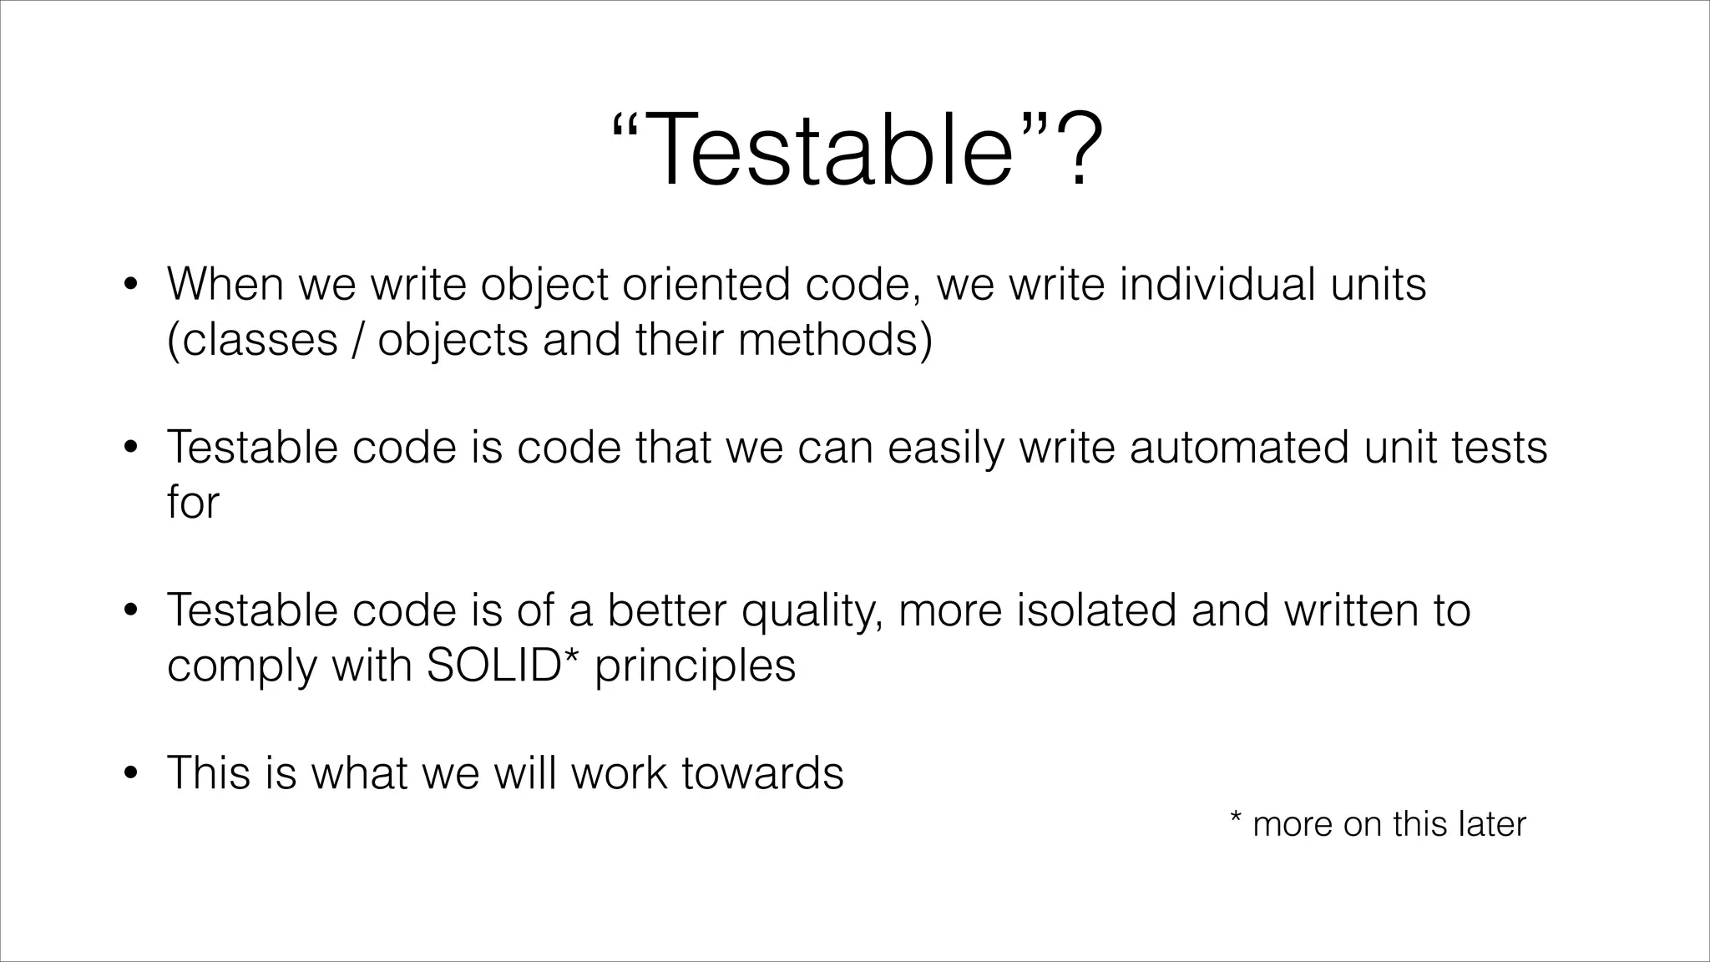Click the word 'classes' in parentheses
pos(259,339)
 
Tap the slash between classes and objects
pos(357,339)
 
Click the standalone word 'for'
pos(192,502)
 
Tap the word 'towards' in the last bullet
pos(761,772)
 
